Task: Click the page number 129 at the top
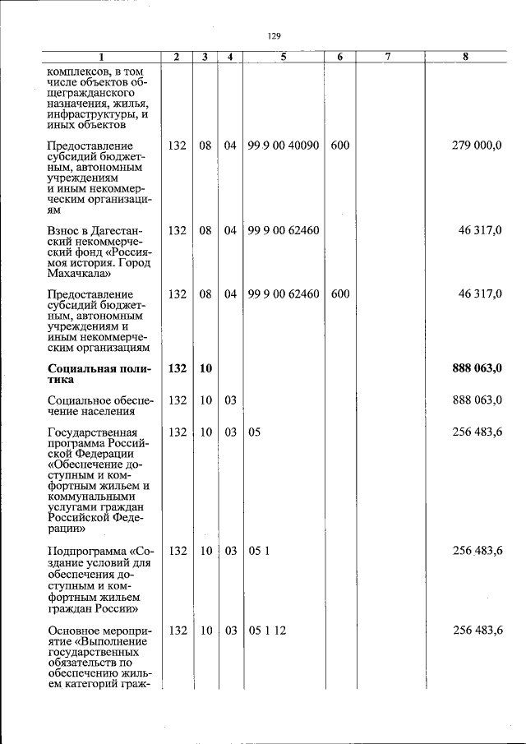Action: coord(275,36)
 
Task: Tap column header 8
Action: coord(466,57)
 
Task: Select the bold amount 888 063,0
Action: coord(477,368)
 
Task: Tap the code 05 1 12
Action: coord(264,631)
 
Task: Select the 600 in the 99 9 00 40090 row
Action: coord(340,146)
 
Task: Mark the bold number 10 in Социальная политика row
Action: coord(205,368)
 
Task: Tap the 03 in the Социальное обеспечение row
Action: coord(231,400)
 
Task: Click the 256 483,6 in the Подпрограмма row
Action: coord(478,552)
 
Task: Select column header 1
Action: coord(101,57)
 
